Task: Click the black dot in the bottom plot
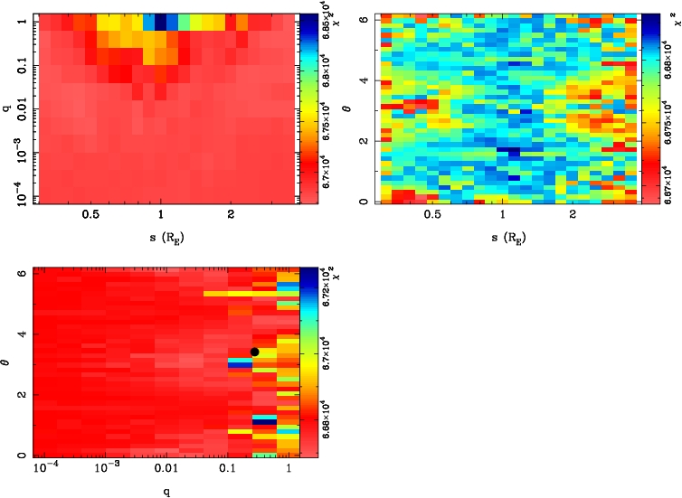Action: [x=254, y=352]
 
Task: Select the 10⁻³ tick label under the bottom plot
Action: [x=107, y=469]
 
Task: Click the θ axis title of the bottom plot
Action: [x=8, y=362]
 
